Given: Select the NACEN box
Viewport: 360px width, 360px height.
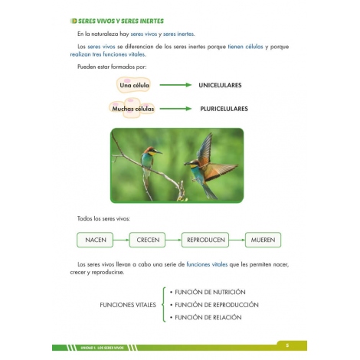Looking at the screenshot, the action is pos(96,240).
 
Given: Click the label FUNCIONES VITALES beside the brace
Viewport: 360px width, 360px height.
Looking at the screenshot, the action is pos(128,305).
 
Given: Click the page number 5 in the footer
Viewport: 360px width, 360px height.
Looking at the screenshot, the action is pos(288,344).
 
